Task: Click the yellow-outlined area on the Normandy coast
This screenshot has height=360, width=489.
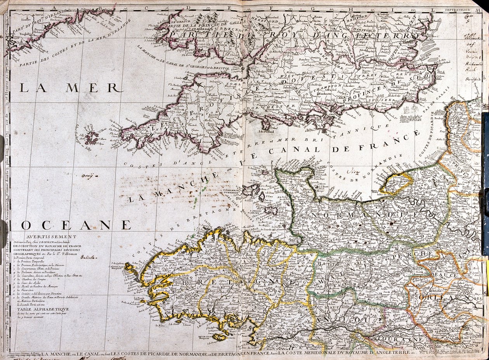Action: pos(395,183)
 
